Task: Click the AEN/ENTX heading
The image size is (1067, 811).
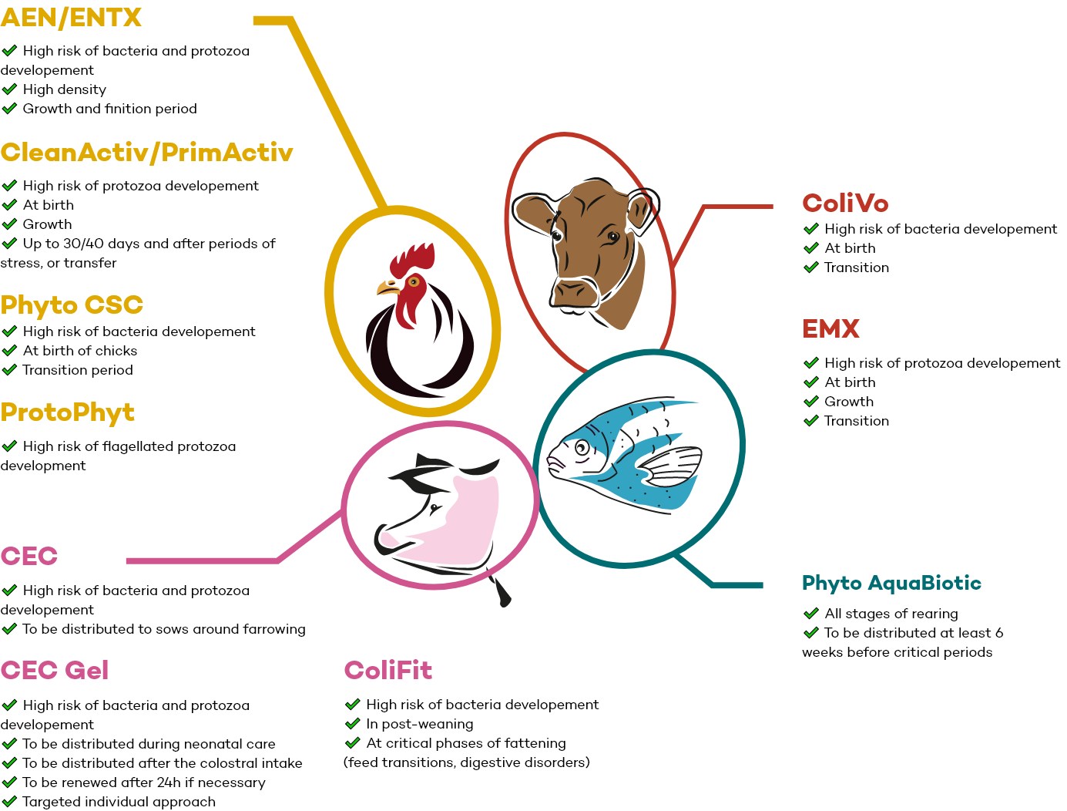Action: tap(71, 18)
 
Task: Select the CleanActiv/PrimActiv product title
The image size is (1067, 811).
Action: tap(147, 153)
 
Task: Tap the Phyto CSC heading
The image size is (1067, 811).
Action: tap(72, 305)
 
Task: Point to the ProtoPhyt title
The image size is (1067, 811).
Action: tap(68, 412)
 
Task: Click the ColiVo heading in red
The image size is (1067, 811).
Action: tap(845, 204)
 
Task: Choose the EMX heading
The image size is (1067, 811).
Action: tap(830, 328)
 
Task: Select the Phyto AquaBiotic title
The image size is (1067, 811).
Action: tap(891, 583)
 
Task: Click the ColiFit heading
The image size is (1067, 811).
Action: tap(388, 671)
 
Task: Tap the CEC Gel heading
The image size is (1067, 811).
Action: tap(55, 671)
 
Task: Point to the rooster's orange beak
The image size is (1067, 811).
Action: tap(388, 288)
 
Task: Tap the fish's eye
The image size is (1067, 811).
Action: tap(582, 447)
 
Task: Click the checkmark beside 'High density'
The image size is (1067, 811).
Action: tap(9, 89)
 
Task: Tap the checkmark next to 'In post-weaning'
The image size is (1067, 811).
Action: tap(352, 724)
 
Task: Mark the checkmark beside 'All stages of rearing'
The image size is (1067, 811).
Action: tap(810, 614)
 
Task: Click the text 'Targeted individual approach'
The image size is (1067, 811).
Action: tap(119, 802)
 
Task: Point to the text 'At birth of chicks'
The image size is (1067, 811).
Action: tap(80, 351)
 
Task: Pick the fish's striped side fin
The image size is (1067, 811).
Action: tap(671, 466)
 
